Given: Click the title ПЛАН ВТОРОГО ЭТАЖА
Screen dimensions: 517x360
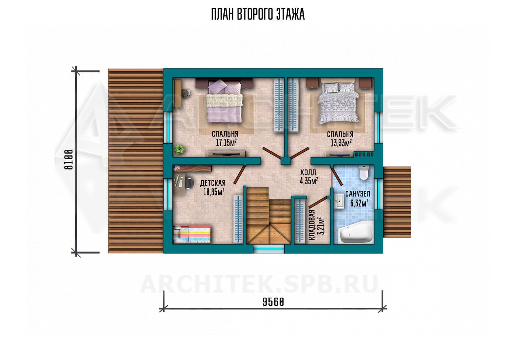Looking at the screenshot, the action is tap(258, 14).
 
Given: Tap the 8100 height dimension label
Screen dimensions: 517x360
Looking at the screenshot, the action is tap(69, 160).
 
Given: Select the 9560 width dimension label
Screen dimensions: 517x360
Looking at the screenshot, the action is tap(273, 302).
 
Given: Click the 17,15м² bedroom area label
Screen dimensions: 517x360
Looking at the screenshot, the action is tap(226, 143).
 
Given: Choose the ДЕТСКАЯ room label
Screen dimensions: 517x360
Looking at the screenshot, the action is tap(213, 183).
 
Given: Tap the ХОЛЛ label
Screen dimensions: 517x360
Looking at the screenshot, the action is tap(308, 172).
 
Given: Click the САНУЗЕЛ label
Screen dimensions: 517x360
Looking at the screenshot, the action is tap(358, 194).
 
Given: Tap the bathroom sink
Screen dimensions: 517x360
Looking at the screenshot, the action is tap(339, 201).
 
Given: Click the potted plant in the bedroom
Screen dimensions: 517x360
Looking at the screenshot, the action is tap(179, 149).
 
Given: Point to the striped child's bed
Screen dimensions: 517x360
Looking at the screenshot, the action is tap(192, 234).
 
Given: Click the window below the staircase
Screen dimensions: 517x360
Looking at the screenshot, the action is tap(269, 249).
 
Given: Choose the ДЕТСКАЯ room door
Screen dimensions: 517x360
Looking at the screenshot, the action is tap(239, 174).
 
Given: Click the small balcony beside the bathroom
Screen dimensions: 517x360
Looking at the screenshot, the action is tap(397, 202).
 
